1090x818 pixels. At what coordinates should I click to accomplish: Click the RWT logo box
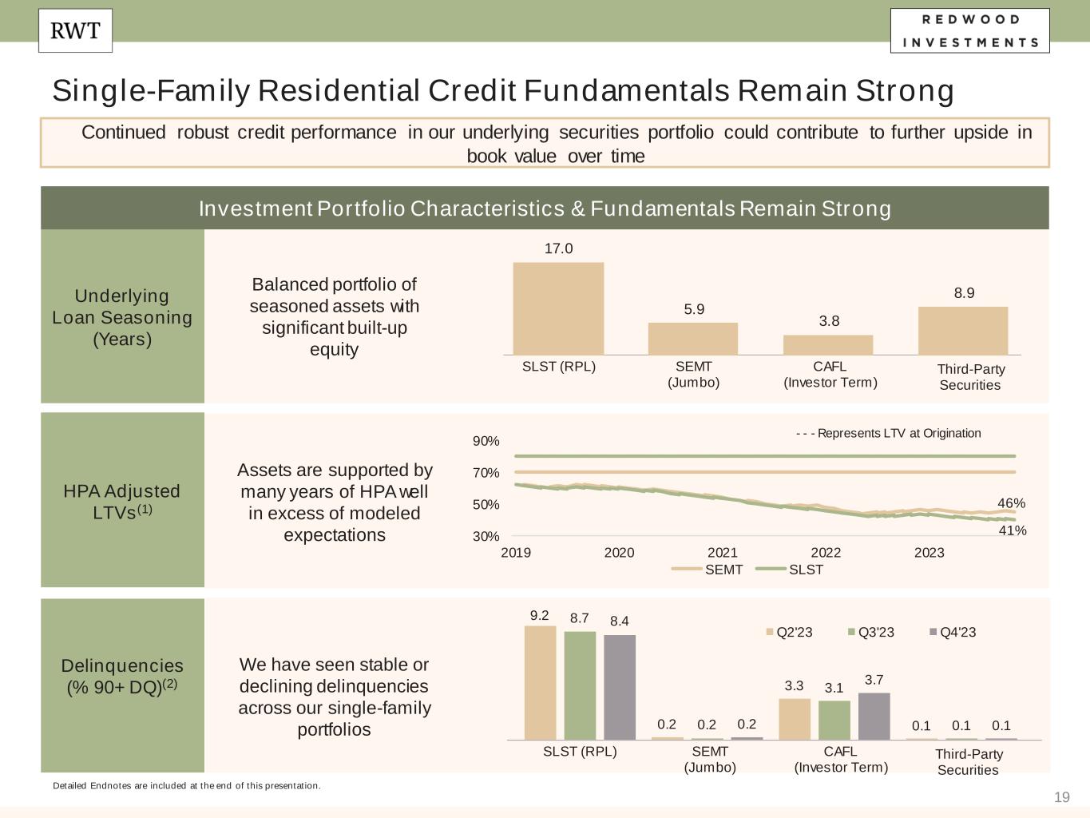click(x=75, y=30)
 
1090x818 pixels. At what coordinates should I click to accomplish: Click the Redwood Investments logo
click(x=969, y=30)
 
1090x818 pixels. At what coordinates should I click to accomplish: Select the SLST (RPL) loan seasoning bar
click(x=558, y=308)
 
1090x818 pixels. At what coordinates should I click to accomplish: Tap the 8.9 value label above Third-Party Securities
click(x=964, y=293)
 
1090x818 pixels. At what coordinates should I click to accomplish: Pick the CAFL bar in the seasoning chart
click(x=828, y=344)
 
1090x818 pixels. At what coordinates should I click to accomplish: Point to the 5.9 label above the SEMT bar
click(x=694, y=309)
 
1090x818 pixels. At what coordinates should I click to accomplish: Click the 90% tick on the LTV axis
click(x=486, y=441)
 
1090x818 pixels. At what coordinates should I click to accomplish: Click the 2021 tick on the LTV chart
click(x=722, y=553)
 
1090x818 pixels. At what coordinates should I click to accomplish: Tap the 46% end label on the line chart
click(x=1011, y=503)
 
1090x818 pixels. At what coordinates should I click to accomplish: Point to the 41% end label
click(x=1013, y=530)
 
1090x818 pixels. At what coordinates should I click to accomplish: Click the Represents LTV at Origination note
click(x=888, y=433)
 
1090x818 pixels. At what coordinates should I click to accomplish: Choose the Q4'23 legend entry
click(x=953, y=632)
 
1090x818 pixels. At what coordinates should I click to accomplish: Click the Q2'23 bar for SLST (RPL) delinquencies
click(x=540, y=682)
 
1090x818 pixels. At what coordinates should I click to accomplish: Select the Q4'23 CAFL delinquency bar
click(x=874, y=716)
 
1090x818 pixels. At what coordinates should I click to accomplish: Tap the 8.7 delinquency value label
click(x=579, y=618)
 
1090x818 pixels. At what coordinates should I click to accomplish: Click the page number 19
click(x=1061, y=796)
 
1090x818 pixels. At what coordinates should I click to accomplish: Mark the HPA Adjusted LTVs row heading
click(x=122, y=501)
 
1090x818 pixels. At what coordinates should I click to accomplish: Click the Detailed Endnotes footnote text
click(x=187, y=785)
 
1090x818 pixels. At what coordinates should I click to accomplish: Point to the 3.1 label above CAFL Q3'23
click(x=834, y=687)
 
